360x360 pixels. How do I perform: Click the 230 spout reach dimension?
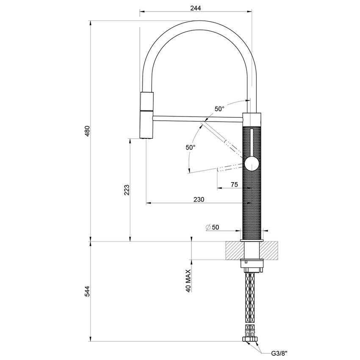(x=199, y=199)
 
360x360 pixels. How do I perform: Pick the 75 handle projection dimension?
(x=234, y=184)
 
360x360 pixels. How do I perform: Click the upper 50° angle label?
(x=219, y=109)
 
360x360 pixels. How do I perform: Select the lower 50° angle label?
(x=190, y=148)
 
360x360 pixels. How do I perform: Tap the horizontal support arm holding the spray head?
(x=195, y=117)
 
